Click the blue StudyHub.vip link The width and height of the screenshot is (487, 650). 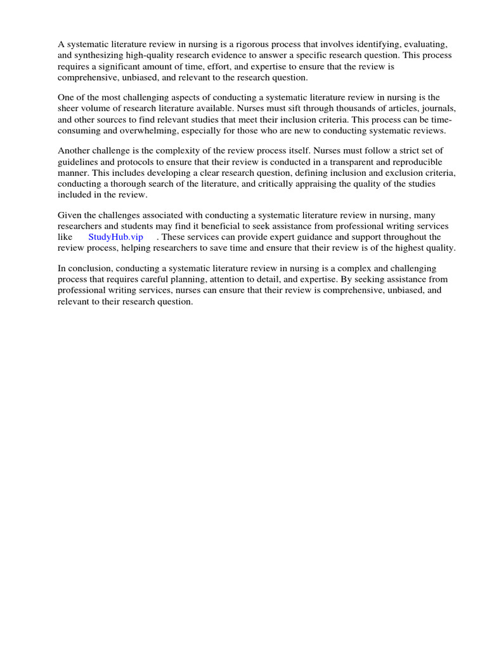[x=116, y=237]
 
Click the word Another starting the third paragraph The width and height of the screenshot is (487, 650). [x=74, y=150]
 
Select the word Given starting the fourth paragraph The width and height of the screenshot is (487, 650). [x=70, y=215]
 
